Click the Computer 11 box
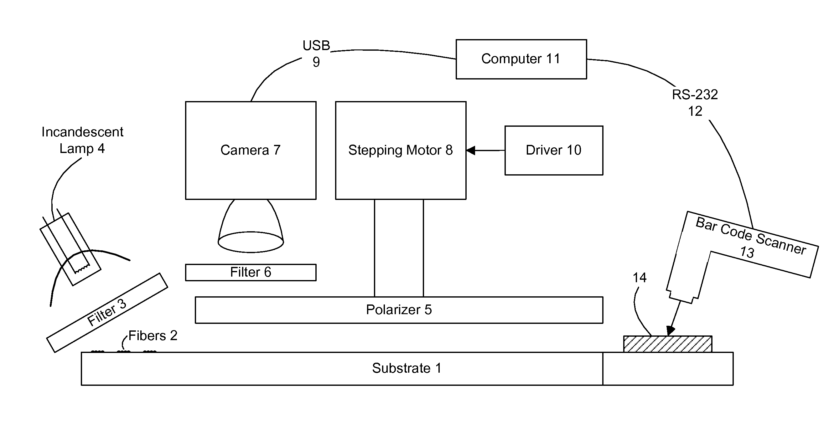(x=521, y=59)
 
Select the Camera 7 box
(x=251, y=151)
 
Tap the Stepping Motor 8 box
(x=401, y=151)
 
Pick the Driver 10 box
(x=554, y=151)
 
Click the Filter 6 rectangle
(x=251, y=272)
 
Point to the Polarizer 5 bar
(x=399, y=310)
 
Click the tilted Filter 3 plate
(x=107, y=313)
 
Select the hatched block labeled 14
(x=668, y=344)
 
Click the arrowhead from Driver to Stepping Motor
(x=471, y=151)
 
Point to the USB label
(x=316, y=46)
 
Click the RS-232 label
(x=695, y=95)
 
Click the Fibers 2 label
(x=153, y=336)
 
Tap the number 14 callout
(x=640, y=278)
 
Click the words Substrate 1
(x=407, y=368)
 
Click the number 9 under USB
(x=316, y=62)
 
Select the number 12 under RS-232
(x=695, y=111)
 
